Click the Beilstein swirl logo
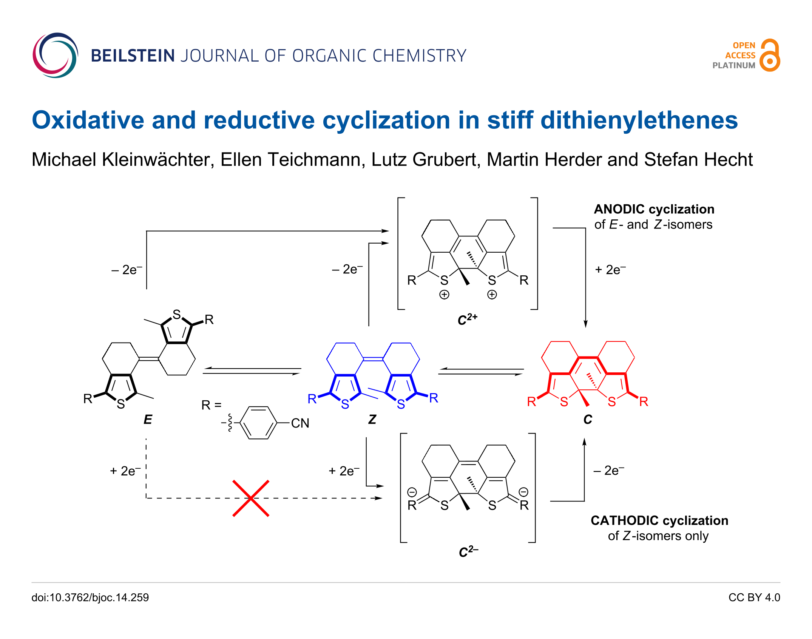55,55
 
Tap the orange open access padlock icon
770,56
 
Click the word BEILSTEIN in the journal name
133,56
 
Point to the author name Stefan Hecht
698,159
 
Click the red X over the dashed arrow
251,498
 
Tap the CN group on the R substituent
300,423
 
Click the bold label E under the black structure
148,419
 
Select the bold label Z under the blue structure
372,419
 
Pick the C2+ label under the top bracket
467,319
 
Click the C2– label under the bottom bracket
468,552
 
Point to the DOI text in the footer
90,597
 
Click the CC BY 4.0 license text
754,597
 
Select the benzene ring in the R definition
258,423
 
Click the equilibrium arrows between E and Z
252,371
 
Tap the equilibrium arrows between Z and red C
481,371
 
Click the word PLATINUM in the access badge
733,65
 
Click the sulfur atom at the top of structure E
176,314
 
